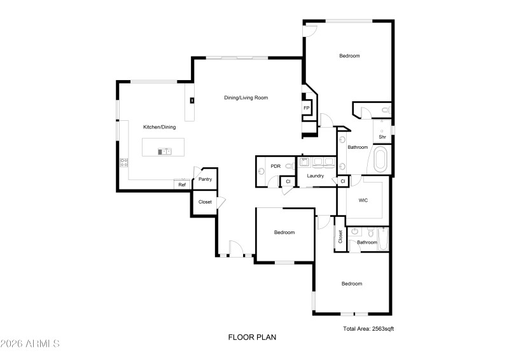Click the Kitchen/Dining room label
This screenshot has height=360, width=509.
pos(159,127)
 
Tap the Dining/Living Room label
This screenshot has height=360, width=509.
pos(246,98)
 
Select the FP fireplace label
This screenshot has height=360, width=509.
pos(306,108)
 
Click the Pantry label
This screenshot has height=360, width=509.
pos(205,179)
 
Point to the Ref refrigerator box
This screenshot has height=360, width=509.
pos(182,184)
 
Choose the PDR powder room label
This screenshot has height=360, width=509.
pos(275,166)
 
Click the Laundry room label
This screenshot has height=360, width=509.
pos(316,176)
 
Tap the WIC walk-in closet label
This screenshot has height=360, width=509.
pos(363,200)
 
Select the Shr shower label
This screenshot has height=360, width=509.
pos(382,137)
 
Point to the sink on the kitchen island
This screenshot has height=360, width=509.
pos(165,151)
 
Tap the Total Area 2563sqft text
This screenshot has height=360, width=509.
pos(368,329)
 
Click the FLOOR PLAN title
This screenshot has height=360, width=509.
pos(252,337)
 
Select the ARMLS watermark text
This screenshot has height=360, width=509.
pos(30,343)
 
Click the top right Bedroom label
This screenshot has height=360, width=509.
pos(349,56)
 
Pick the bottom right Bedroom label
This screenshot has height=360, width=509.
pos(351,284)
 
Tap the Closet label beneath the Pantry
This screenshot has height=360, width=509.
pos(205,202)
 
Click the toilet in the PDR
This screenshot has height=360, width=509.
pos(289,167)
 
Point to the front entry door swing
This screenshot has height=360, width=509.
pos(234,248)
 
